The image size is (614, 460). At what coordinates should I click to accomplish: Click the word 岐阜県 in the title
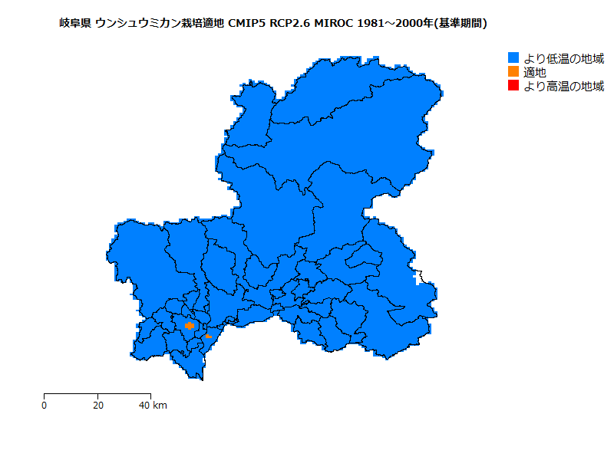tap(74, 24)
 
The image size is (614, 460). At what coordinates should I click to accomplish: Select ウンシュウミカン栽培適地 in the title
tap(160, 24)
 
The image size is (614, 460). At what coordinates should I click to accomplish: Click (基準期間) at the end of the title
tap(460, 24)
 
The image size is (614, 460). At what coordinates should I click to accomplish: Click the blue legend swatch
tap(513, 58)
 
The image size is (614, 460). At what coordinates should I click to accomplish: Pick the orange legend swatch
tap(513, 72)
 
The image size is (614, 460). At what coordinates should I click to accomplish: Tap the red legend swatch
tap(513, 86)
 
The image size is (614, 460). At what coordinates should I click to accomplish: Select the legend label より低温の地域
tap(563, 58)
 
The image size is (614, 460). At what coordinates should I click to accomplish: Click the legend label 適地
tap(535, 72)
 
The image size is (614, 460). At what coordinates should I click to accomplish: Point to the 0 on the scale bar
tap(45, 406)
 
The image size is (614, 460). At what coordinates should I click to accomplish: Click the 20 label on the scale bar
tap(97, 406)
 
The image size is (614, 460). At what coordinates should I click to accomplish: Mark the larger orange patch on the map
tap(190, 326)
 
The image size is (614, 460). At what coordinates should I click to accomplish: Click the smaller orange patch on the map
tap(208, 336)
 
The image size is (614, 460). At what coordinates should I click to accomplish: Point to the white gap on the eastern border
tap(418, 277)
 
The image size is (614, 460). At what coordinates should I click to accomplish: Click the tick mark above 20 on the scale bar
tap(97, 396)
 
